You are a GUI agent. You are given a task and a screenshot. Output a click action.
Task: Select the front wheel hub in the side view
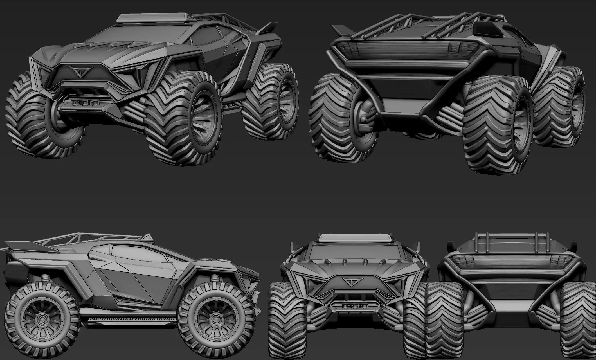pos(216,318)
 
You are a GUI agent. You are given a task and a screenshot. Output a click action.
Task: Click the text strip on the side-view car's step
pos(132,319)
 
